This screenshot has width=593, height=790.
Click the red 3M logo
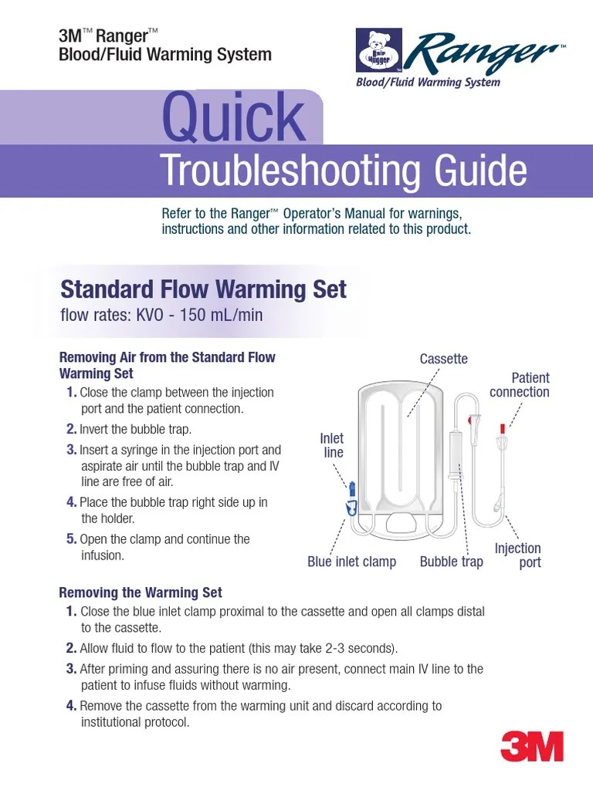click(532, 746)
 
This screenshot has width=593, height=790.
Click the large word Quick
click(233, 118)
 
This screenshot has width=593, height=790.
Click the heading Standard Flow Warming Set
click(203, 289)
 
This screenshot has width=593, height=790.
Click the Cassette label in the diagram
click(443, 359)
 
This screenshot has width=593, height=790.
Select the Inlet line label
click(332, 445)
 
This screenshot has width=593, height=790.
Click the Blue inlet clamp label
click(351, 562)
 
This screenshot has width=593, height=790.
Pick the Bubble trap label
click(451, 562)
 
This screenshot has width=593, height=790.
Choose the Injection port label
click(518, 555)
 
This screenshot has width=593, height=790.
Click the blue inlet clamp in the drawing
click(351, 506)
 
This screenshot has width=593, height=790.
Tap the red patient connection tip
click(502, 427)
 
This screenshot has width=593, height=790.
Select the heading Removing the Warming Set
click(141, 592)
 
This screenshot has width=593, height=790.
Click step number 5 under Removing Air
click(71, 539)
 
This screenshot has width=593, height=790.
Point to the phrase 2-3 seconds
click(363, 648)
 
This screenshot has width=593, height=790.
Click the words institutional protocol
click(135, 722)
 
